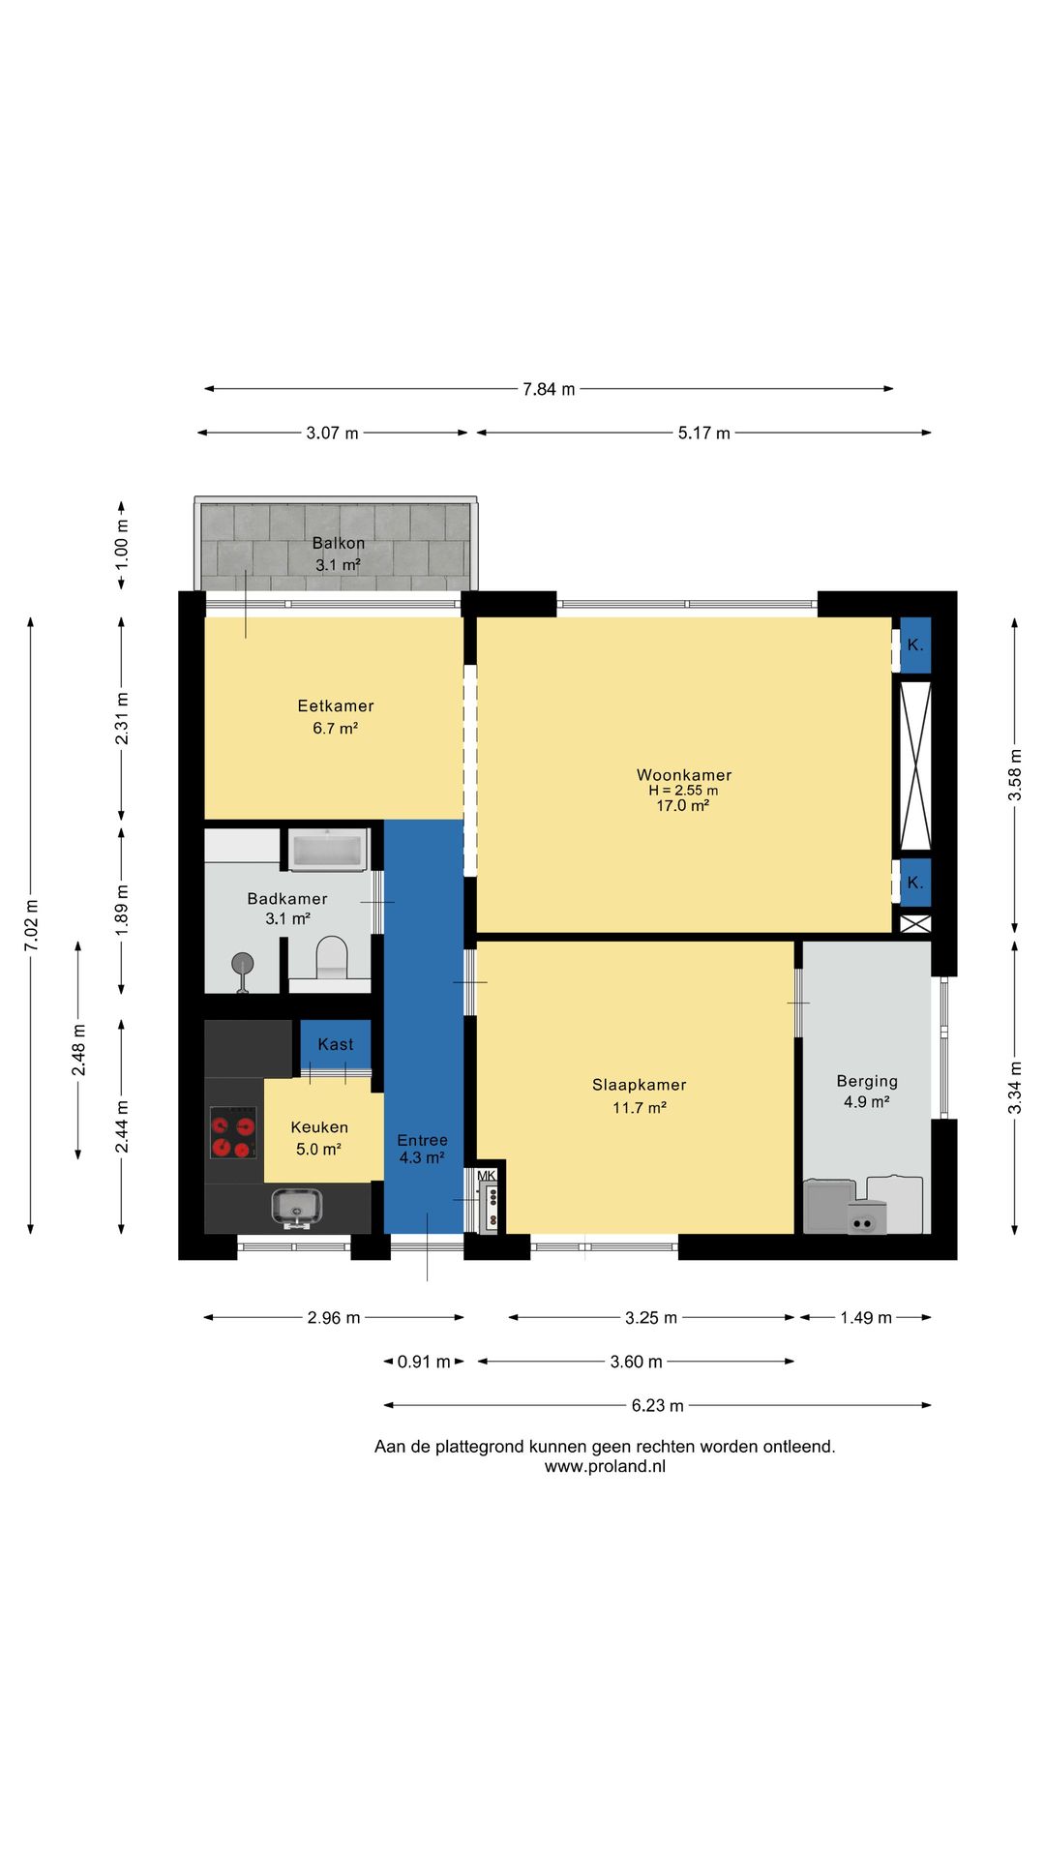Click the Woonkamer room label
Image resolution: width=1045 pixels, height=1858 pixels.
(x=684, y=775)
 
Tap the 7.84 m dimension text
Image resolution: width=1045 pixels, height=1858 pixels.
(x=549, y=389)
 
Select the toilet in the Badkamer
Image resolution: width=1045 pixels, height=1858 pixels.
(x=332, y=956)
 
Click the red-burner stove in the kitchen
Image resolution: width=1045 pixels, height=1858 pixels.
(x=233, y=1132)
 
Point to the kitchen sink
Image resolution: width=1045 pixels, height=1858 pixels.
(x=298, y=1209)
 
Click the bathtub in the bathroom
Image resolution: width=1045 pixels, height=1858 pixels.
(x=327, y=850)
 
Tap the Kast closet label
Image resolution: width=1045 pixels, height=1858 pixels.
(x=336, y=1044)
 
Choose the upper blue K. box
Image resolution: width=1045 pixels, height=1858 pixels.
(x=915, y=645)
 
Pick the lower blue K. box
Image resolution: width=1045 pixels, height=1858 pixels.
(x=915, y=883)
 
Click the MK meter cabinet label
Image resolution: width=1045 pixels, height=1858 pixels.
(x=487, y=1176)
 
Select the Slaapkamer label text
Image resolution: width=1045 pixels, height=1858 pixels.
(x=640, y=1085)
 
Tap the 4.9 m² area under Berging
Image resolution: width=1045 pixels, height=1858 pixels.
(x=867, y=1102)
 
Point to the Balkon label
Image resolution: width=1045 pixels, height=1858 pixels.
(x=339, y=543)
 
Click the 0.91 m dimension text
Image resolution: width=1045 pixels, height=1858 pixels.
(x=424, y=1362)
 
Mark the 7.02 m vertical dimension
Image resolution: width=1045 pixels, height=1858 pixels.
(x=31, y=925)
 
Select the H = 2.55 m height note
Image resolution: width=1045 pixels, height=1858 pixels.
(x=683, y=791)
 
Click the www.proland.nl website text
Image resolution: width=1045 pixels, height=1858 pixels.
(x=605, y=1466)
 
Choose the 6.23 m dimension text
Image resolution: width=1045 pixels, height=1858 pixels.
(x=658, y=1405)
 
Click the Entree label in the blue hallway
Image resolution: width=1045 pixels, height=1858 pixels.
(x=423, y=1140)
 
